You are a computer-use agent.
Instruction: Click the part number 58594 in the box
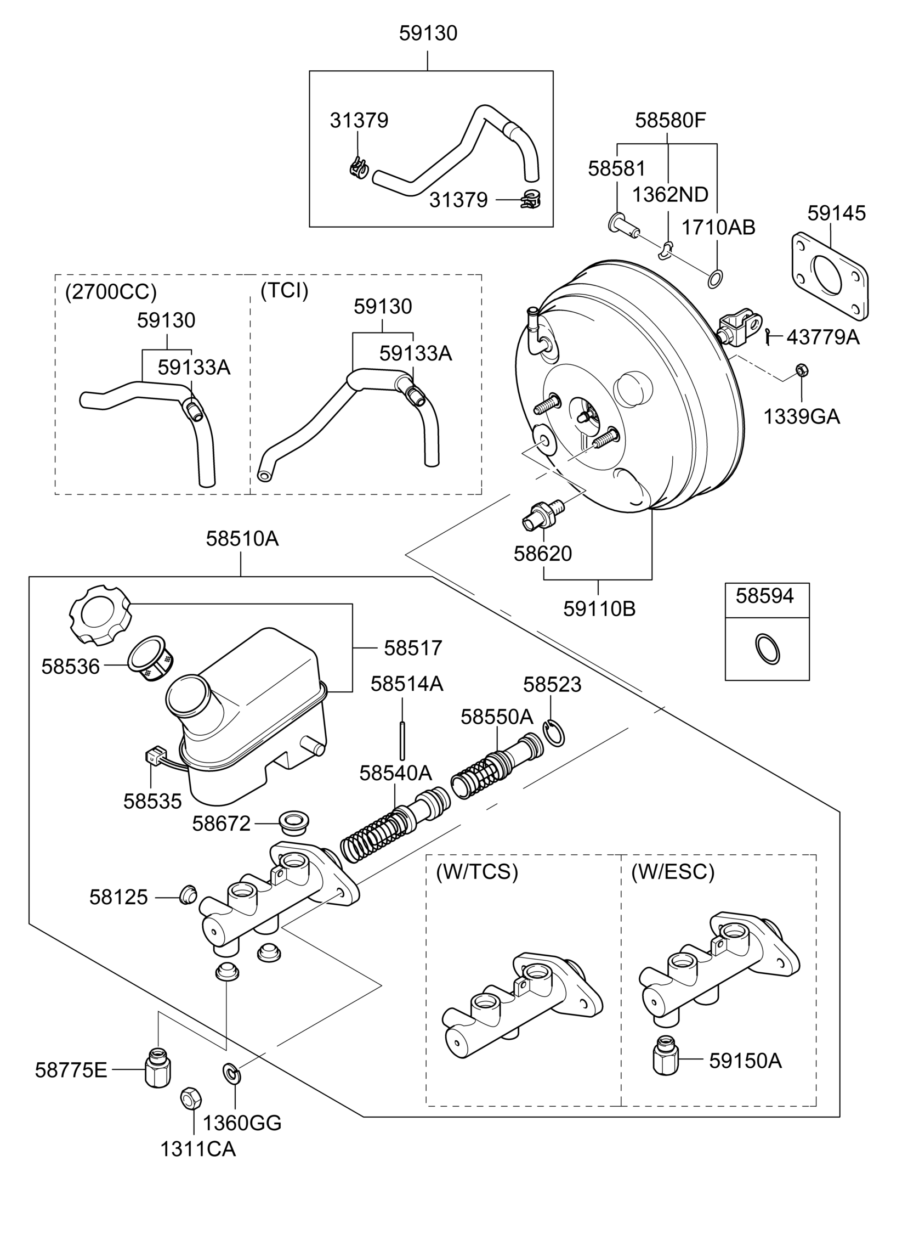tap(764, 596)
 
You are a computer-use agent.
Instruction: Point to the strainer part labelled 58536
tap(150, 661)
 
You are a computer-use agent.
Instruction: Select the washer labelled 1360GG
tap(231, 1072)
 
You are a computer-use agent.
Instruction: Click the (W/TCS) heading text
tap(476, 872)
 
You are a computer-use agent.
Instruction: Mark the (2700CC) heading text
tap(111, 292)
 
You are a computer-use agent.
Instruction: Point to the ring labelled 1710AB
tap(714, 279)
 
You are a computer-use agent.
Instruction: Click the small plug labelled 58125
tap(188, 895)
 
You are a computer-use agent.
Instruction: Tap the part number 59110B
tap(599, 608)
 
